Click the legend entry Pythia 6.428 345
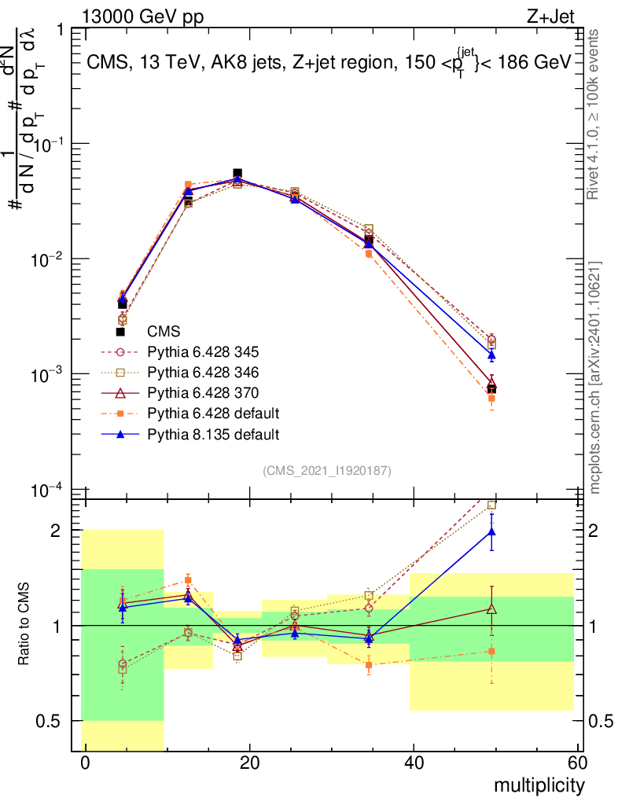point(203,352)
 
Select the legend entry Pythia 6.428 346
point(203,373)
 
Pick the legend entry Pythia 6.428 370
point(203,393)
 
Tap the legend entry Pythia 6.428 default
point(213,414)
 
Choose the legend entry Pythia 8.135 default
point(213,434)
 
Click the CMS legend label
point(164,332)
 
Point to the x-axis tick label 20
point(249,763)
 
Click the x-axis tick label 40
point(414,763)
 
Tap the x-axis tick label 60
point(578,763)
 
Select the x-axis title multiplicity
point(539,786)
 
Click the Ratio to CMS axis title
point(24,624)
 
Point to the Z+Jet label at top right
point(550,17)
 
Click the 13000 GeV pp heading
point(142,17)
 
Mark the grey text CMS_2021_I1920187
point(327,471)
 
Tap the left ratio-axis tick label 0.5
point(48,722)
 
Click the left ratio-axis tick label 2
point(56,531)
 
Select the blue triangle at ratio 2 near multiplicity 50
point(491,532)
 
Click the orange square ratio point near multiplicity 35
point(369,665)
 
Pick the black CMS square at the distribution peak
point(237,174)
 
